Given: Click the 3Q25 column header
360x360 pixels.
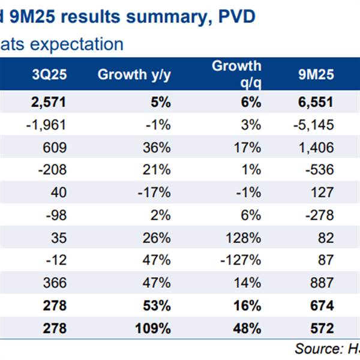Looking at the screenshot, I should click(x=48, y=75).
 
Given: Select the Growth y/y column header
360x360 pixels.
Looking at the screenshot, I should click(x=134, y=75).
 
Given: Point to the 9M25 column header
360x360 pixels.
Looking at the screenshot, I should click(x=316, y=75).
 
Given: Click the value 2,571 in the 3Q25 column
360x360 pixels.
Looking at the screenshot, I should click(x=47, y=103).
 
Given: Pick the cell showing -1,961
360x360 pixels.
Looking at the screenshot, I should click(x=46, y=125).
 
